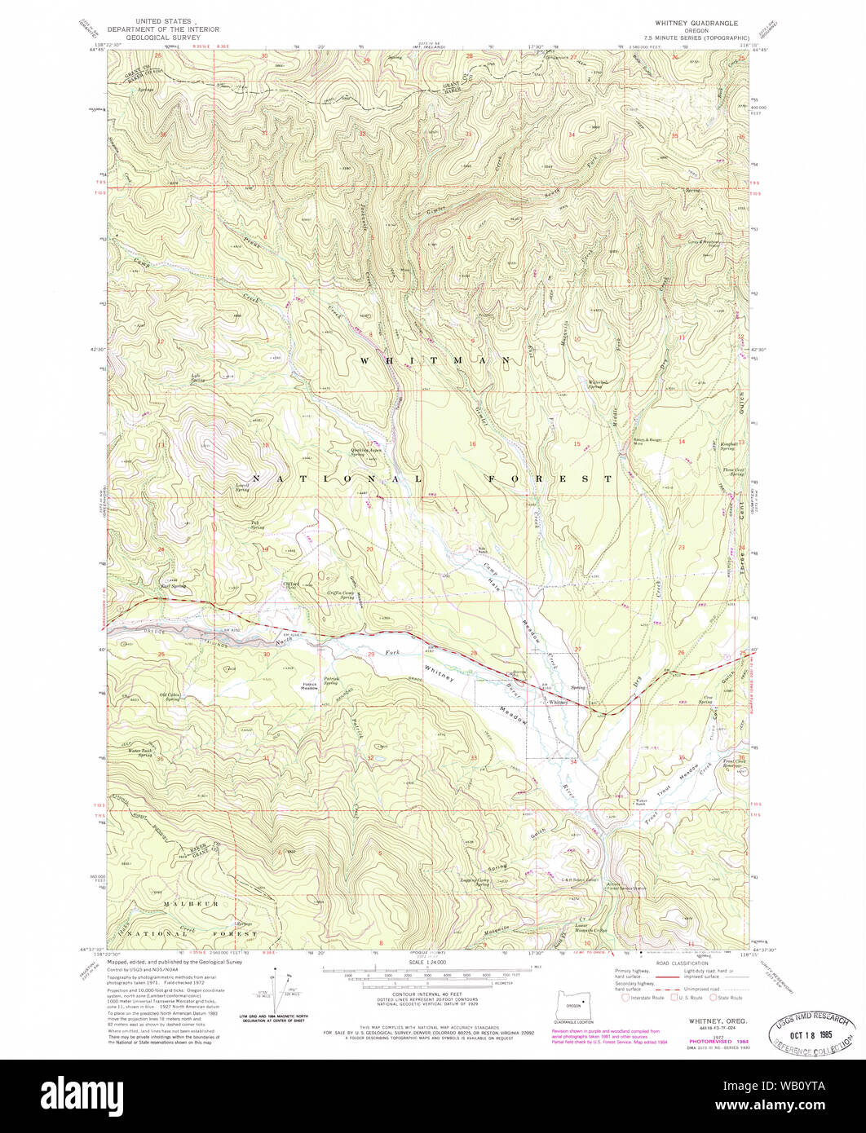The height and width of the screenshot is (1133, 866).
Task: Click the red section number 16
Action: [x=471, y=444]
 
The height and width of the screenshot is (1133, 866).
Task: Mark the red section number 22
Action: [x=577, y=547]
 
